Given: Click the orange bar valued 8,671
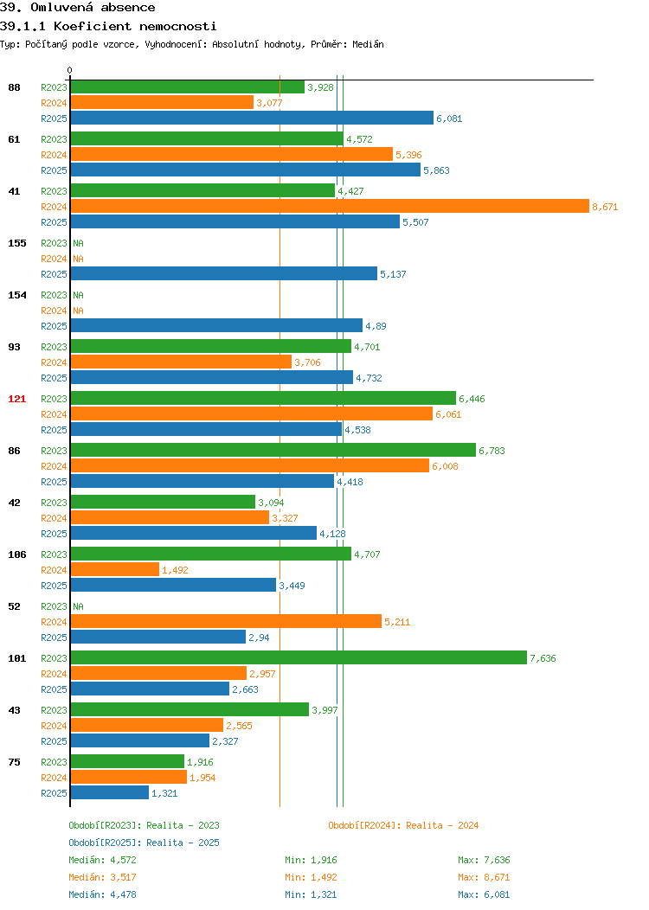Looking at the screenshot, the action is point(330,206).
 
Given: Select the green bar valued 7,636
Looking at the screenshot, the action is point(299,657).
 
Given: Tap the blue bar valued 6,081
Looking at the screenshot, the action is point(252,118).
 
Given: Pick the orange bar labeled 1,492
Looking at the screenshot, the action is point(115,569).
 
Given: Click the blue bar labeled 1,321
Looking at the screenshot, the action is point(110,792).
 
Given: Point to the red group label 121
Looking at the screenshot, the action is point(16,399).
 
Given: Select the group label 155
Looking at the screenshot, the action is point(16,243).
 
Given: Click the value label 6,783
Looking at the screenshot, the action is point(492,451).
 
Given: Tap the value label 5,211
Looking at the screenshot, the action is point(397,622).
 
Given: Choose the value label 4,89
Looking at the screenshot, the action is point(376,326).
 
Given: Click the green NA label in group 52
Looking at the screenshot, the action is point(79,606).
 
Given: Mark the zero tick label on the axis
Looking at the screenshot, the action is point(70,70).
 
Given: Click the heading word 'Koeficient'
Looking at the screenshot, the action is point(93,26).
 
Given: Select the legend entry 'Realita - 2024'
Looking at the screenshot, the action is point(442,825).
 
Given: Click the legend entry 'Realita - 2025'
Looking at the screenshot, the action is point(183,843).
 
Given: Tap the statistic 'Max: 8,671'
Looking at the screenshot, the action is point(484,877).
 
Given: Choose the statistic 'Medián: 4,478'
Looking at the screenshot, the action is point(102,894).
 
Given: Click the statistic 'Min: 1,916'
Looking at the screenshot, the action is point(311,860).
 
